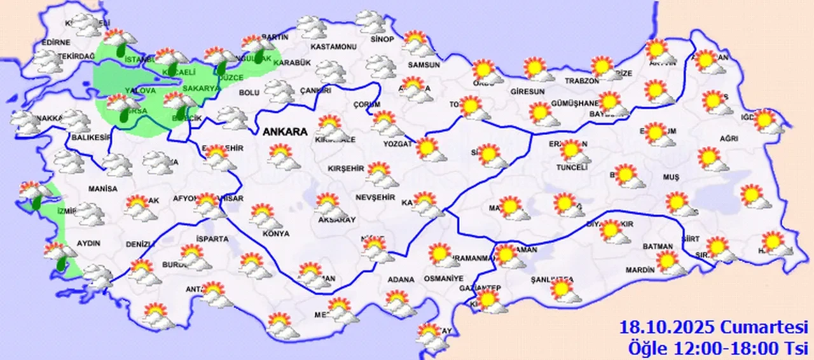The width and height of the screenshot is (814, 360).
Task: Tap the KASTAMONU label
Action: click(x=333, y=47)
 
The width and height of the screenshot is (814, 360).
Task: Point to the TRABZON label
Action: click(x=582, y=81)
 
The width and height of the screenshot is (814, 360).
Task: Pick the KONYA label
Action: click(x=275, y=233)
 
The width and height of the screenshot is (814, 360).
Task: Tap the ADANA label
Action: click(x=401, y=279)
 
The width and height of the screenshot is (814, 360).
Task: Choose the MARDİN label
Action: click(x=640, y=270)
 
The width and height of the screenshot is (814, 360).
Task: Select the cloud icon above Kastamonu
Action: click(x=312, y=27)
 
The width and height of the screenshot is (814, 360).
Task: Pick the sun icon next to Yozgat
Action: click(x=428, y=149)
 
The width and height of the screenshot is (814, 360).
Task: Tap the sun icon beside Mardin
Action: click(x=669, y=261)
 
